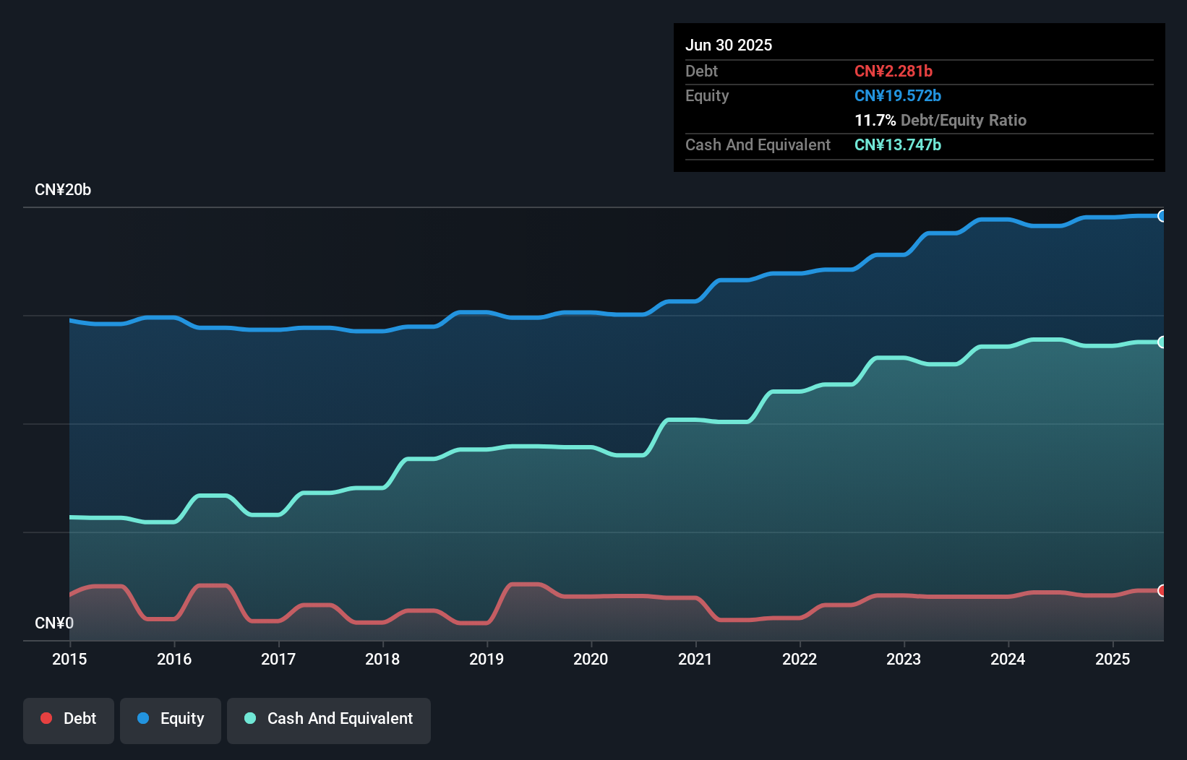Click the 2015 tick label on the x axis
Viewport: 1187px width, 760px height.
(69, 659)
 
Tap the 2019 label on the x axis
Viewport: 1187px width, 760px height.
(487, 659)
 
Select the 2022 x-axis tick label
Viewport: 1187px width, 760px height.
(800, 659)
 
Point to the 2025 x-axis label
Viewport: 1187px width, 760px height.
(1113, 659)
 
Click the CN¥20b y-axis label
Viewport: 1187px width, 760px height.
(63, 190)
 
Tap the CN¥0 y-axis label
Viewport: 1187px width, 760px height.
(54, 623)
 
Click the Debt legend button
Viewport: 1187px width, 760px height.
(69, 719)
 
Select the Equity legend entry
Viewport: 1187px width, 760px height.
(171, 719)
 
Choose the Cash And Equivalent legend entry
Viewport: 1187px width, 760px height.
(329, 719)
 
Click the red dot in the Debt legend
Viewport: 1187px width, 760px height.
(46, 718)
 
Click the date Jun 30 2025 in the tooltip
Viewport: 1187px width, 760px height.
(729, 45)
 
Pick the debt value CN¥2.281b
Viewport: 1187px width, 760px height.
(894, 71)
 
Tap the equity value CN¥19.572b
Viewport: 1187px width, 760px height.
(898, 95)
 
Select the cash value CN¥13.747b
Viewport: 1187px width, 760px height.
(898, 144)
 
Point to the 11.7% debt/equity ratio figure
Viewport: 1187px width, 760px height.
(875, 120)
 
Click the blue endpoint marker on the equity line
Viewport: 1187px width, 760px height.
(1162, 216)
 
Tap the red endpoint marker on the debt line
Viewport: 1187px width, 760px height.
(1162, 591)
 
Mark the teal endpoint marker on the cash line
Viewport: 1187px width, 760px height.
(1162, 342)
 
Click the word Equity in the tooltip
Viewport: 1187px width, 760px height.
(707, 95)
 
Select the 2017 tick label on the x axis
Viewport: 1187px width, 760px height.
(278, 659)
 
